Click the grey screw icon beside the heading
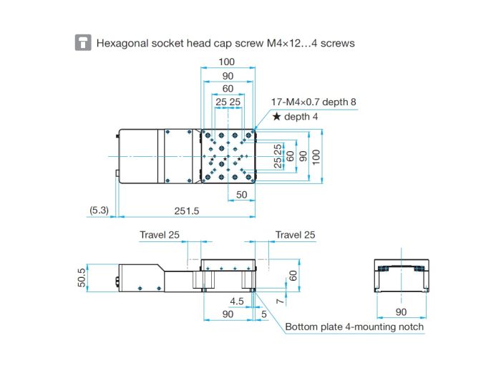[x=83, y=42]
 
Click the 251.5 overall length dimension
[x=187, y=211]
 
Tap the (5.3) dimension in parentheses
[x=99, y=211]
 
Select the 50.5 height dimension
[x=82, y=278]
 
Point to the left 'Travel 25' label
[x=160, y=235]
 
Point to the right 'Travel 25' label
[x=295, y=235]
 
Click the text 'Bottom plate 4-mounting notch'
[x=354, y=327]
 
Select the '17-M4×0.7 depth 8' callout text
[x=313, y=102]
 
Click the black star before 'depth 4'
[x=276, y=116]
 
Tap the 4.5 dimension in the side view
[x=237, y=302]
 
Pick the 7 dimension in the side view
[x=280, y=302]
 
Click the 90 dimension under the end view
[x=401, y=312]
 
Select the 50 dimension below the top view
[x=242, y=195]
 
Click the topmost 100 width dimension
[x=227, y=62]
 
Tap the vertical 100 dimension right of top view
[x=316, y=157]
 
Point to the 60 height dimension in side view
[x=293, y=276]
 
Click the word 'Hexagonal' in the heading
[x=122, y=44]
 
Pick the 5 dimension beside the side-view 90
[x=264, y=314]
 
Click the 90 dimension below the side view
[x=228, y=314]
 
